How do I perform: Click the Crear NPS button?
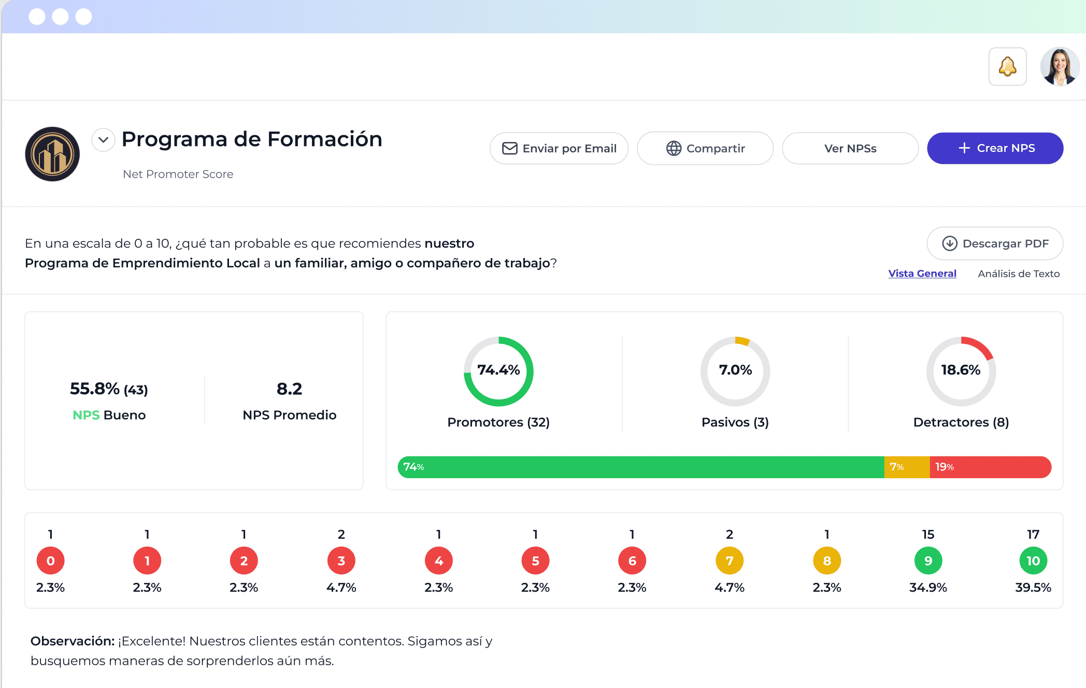tap(995, 148)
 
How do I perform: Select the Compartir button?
tap(705, 149)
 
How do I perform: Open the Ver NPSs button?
tap(850, 149)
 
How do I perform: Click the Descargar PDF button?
tap(995, 243)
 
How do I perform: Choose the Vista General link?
tap(922, 274)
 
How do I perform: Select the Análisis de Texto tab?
tap(1018, 274)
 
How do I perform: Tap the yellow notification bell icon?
tap(1007, 67)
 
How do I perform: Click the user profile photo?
tap(1060, 67)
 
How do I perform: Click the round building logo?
tap(52, 154)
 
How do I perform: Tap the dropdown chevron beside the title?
tap(103, 140)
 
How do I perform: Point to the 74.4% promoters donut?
tap(498, 371)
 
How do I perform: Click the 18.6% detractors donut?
tap(961, 371)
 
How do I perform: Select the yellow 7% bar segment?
tap(907, 467)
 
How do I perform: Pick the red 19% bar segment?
tap(990, 467)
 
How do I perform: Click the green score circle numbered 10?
tap(1033, 561)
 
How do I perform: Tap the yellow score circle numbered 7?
tap(729, 561)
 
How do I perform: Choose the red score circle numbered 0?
tap(50, 561)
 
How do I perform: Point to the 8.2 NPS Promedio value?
tap(289, 389)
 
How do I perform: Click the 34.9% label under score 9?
tap(928, 587)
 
